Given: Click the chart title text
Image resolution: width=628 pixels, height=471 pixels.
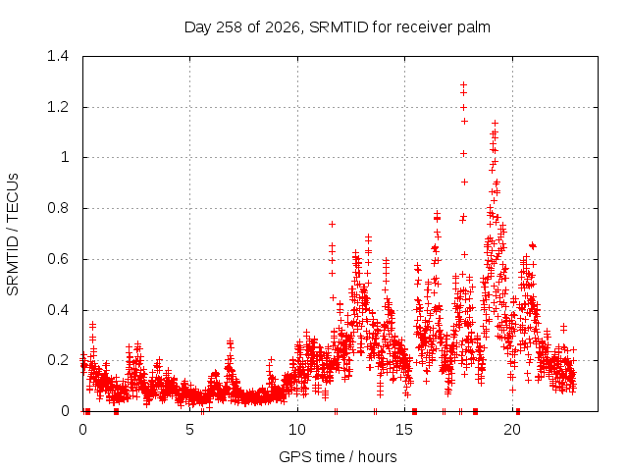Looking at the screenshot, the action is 338,27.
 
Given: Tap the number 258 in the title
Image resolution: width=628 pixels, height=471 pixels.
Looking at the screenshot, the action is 229,27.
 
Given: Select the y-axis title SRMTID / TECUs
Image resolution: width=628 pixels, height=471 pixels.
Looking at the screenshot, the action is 13,235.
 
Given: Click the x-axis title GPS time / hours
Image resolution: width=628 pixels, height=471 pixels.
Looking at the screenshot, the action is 338,456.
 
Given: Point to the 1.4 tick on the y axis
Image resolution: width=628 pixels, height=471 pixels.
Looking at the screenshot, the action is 58,56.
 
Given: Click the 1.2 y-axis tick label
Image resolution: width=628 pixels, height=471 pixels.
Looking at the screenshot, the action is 58,107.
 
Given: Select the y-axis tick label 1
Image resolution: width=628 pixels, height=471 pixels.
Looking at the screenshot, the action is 65,157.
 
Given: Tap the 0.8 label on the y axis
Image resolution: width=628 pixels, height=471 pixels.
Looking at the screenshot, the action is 58,208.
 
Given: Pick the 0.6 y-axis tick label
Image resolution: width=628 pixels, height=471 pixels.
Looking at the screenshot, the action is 58,259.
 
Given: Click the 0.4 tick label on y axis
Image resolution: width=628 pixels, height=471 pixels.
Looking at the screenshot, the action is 58,310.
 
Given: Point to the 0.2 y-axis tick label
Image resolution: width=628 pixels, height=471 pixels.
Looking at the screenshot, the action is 58,360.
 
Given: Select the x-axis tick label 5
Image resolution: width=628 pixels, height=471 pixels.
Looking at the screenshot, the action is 189,430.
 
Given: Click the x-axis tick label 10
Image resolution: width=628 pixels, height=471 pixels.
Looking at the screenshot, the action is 297,430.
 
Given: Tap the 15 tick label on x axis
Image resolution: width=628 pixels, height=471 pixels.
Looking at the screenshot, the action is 404,430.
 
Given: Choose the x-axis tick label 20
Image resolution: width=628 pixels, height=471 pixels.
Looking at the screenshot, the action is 512,430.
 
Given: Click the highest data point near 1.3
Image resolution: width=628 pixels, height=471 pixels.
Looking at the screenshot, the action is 464,85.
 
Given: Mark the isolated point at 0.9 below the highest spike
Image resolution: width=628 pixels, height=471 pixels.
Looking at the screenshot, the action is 464,182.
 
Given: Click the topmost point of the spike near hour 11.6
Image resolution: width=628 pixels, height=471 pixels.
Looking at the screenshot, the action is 332,225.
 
